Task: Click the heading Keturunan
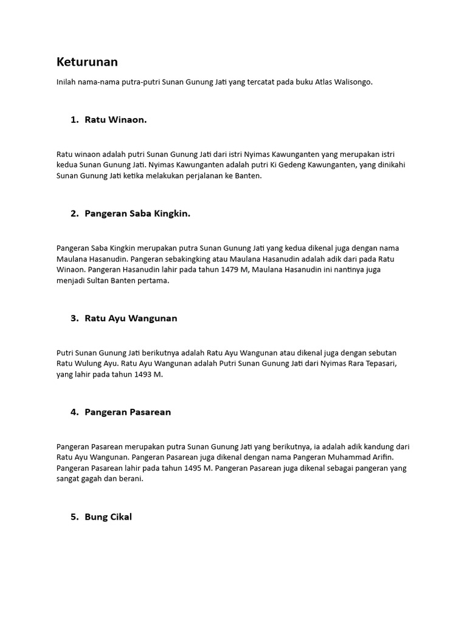pyautogui.click(x=87, y=62)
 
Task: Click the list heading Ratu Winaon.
pyautogui.click(x=116, y=120)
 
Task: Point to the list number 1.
pyautogui.click(x=74, y=120)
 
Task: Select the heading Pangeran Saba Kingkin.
pyautogui.click(x=137, y=214)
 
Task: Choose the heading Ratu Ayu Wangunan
pyautogui.click(x=131, y=318)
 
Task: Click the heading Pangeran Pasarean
pyautogui.click(x=128, y=412)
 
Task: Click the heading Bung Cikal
pyautogui.click(x=108, y=517)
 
